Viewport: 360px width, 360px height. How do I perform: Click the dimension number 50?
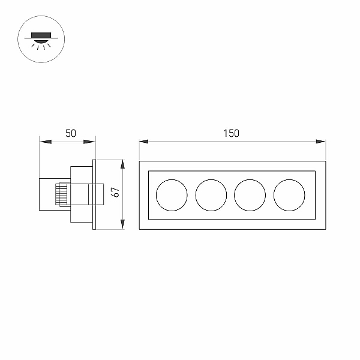[70, 133]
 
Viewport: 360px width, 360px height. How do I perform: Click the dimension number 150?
[232, 133]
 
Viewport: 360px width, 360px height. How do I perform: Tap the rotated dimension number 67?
[115, 192]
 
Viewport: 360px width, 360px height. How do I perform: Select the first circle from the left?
[156, 195]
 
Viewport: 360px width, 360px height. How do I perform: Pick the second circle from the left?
[196, 195]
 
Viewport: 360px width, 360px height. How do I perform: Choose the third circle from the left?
[234, 195]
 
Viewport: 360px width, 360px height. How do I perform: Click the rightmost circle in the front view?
[274, 195]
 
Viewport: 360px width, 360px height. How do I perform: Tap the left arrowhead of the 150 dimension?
[144, 142]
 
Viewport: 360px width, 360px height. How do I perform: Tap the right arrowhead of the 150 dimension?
[321, 142]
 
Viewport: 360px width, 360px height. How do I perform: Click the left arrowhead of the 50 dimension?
[45, 142]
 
